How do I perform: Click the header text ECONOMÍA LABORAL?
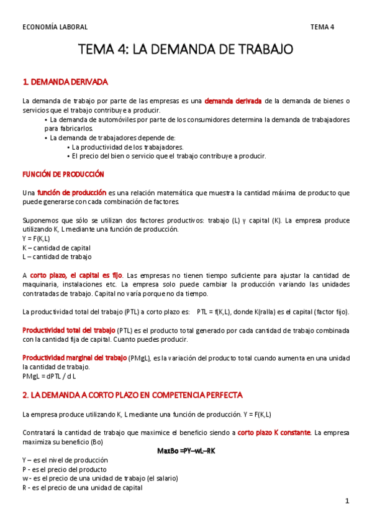pyautogui.click(x=55, y=27)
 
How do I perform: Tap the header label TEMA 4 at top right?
pyautogui.click(x=322, y=27)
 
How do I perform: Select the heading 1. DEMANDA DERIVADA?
pyautogui.click(x=65, y=81)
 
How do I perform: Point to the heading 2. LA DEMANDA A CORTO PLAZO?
pyautogui.click(x=132, y=395)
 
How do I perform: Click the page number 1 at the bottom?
pyautogui.click(x=348, y=501)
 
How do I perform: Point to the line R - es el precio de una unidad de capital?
pyautogui.click(x=82, y=488)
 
